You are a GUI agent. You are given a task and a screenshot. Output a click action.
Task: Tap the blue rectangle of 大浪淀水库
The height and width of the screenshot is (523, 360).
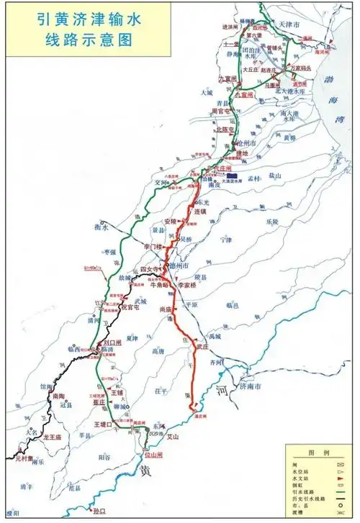point(233,175)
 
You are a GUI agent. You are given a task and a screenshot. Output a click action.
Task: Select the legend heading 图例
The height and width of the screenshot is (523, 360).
point(318,453)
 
